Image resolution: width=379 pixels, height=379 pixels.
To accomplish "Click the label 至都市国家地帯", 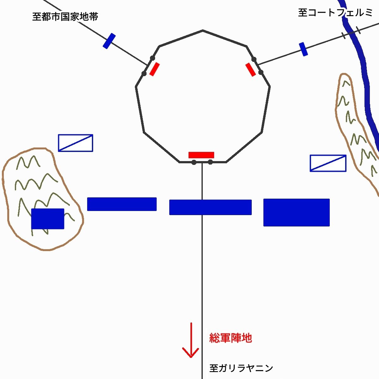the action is [65, 17].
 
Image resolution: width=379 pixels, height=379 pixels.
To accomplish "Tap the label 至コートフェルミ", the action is [335, 13].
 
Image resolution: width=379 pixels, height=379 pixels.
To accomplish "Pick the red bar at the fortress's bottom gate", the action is [201, 155].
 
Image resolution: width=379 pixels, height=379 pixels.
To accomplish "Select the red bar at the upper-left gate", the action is [154, 69].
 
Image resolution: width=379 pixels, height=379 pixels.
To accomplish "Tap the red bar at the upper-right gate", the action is [251, 69].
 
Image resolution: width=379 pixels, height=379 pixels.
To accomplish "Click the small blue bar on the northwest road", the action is [109, 41].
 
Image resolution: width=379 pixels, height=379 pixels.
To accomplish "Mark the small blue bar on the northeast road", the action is [304, 49].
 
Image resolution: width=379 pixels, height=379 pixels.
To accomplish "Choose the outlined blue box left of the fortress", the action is [75, 143].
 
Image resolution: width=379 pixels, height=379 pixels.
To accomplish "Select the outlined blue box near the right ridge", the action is [328, 163].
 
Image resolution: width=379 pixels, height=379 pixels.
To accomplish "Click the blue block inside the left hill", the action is [48, 219].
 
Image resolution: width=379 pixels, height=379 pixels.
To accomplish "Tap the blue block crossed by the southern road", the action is [210, 207].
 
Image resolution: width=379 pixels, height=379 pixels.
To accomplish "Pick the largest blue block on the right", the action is [297, 213].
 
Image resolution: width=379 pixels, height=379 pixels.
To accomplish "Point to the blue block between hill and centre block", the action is [122, 204].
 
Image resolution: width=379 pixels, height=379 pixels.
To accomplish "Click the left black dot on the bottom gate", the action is [194, 162].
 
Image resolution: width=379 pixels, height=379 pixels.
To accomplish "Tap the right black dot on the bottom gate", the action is [210, 162].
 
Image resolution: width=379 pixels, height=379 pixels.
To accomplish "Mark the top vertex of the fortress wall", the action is [203, 30].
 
